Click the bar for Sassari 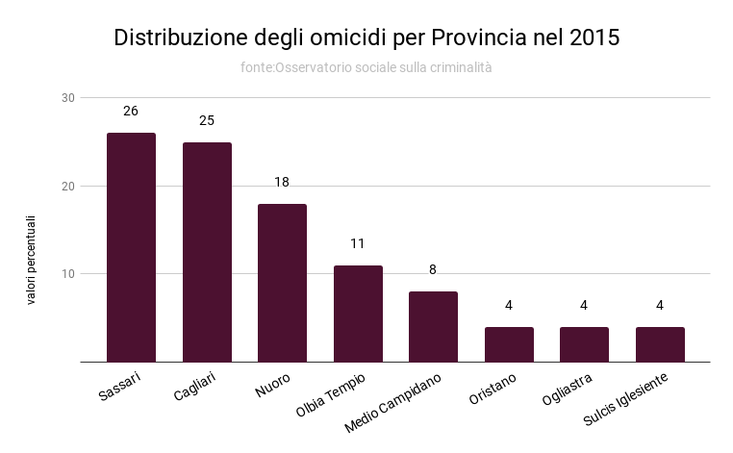(131, 247)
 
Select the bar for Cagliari (207, 252)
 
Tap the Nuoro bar (282, 283)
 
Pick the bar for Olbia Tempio (358, 314)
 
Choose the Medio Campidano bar (433, 327)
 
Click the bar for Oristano (509, 344)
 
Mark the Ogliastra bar (584, 344)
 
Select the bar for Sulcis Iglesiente (660, 344)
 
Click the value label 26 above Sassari (131, 112)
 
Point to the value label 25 (207, 120)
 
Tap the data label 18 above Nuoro (282, 182)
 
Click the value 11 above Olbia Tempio (358, 243)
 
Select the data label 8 (433, 269)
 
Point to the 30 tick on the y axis (67, 98)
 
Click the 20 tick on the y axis (67, 186)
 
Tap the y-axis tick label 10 (67, 274)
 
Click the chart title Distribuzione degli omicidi (366, 38)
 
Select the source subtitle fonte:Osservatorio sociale (366, 67)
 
